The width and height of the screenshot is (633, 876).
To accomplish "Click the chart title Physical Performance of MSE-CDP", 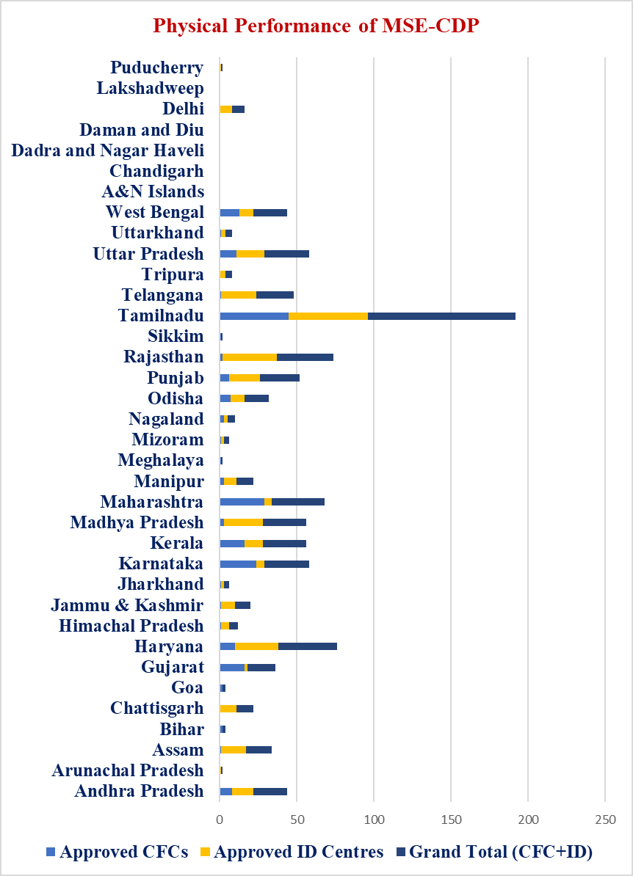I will [x=316, y=26].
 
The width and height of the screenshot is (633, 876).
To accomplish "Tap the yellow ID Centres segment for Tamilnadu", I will [x=328, y=315].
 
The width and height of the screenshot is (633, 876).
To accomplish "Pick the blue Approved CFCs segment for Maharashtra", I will [x=242, y=502].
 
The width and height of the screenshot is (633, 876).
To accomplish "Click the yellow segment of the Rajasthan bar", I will [x=250, y=357].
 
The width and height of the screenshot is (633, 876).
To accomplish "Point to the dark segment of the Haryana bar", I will [x=307, y=646].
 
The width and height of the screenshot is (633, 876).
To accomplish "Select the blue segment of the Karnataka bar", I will [x=238, y=563].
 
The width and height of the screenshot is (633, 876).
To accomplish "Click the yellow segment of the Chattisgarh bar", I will [x=228, y=709].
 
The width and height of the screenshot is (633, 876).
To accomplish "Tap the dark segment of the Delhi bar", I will [x=238, y=109].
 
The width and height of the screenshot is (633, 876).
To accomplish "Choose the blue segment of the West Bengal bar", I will [x=229, y=213].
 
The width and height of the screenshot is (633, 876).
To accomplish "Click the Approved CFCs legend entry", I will [x=117, y=852].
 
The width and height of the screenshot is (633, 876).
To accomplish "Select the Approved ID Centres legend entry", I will [x=292, y=852].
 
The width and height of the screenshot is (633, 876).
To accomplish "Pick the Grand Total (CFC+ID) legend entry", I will [x=493, y=852].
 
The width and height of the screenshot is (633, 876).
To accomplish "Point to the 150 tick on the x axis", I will [x=451, y=818].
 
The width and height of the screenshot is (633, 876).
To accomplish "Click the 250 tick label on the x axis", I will [x=605, y=818].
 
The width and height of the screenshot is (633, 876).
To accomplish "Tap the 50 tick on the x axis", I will [x=297, y=818].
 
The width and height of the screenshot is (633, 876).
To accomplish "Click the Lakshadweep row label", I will [x=150, y=89].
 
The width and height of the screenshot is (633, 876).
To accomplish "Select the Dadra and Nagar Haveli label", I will [x=108, y=150].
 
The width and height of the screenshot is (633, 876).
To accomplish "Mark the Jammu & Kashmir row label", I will [x=127, y=605].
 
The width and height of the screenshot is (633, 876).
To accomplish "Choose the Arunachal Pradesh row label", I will [x=128, y=770].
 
